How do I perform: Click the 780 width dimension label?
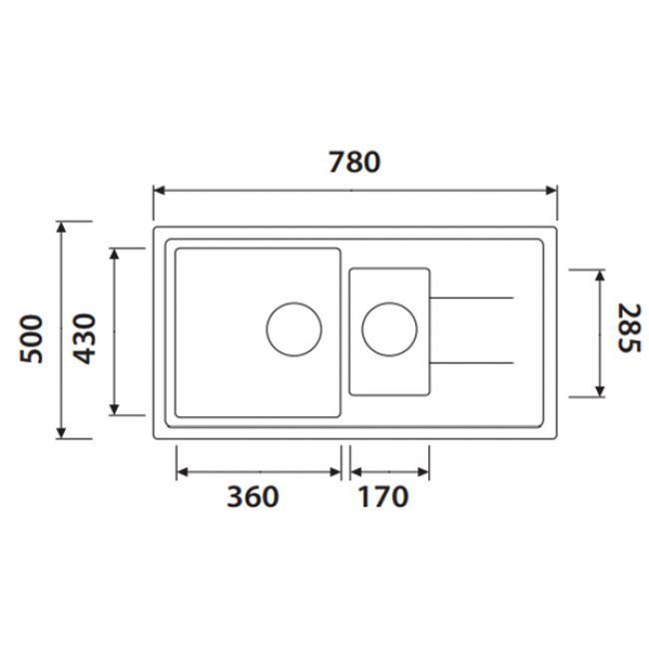click(x=354, y=161)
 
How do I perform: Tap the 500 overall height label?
click(x=32, y=337)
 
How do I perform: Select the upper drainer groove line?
click(x=471, y=298)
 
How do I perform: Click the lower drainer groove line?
click(x=471, y=360)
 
